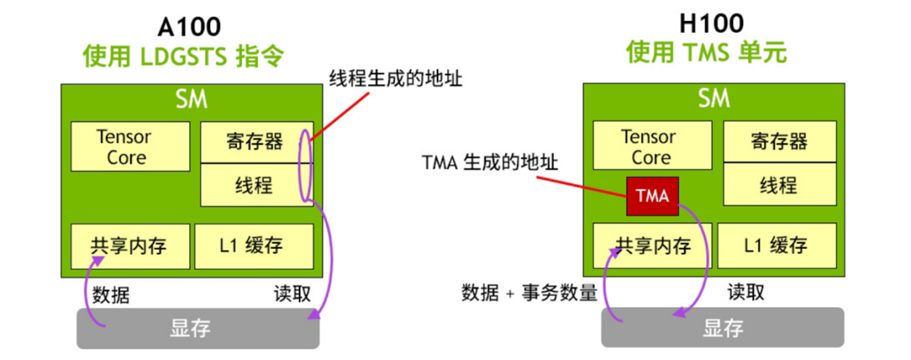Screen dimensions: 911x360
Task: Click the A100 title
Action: coord(190,27)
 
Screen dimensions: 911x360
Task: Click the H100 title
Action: coord(712,24)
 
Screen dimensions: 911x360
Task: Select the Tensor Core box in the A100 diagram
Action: coord(130,147)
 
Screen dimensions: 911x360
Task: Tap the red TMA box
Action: coord(652,196)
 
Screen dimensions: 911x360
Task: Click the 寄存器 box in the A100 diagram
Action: coord(256,142)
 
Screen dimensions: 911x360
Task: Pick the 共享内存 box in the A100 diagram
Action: coord(130,246)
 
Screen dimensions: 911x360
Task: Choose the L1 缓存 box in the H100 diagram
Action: coord(778,246)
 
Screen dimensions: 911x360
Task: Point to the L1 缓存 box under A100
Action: coord(254,246)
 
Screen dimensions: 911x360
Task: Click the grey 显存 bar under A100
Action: coord(198,328)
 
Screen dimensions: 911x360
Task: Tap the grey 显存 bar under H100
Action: coord(723,327)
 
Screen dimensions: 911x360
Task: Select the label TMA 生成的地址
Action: coord(491,163)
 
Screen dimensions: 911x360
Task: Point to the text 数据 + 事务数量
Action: coord(529,293)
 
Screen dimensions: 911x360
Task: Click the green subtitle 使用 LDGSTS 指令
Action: coord(184,56)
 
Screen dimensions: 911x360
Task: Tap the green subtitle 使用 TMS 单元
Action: coord(707,53)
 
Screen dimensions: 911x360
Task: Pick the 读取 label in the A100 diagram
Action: coord(292,293)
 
